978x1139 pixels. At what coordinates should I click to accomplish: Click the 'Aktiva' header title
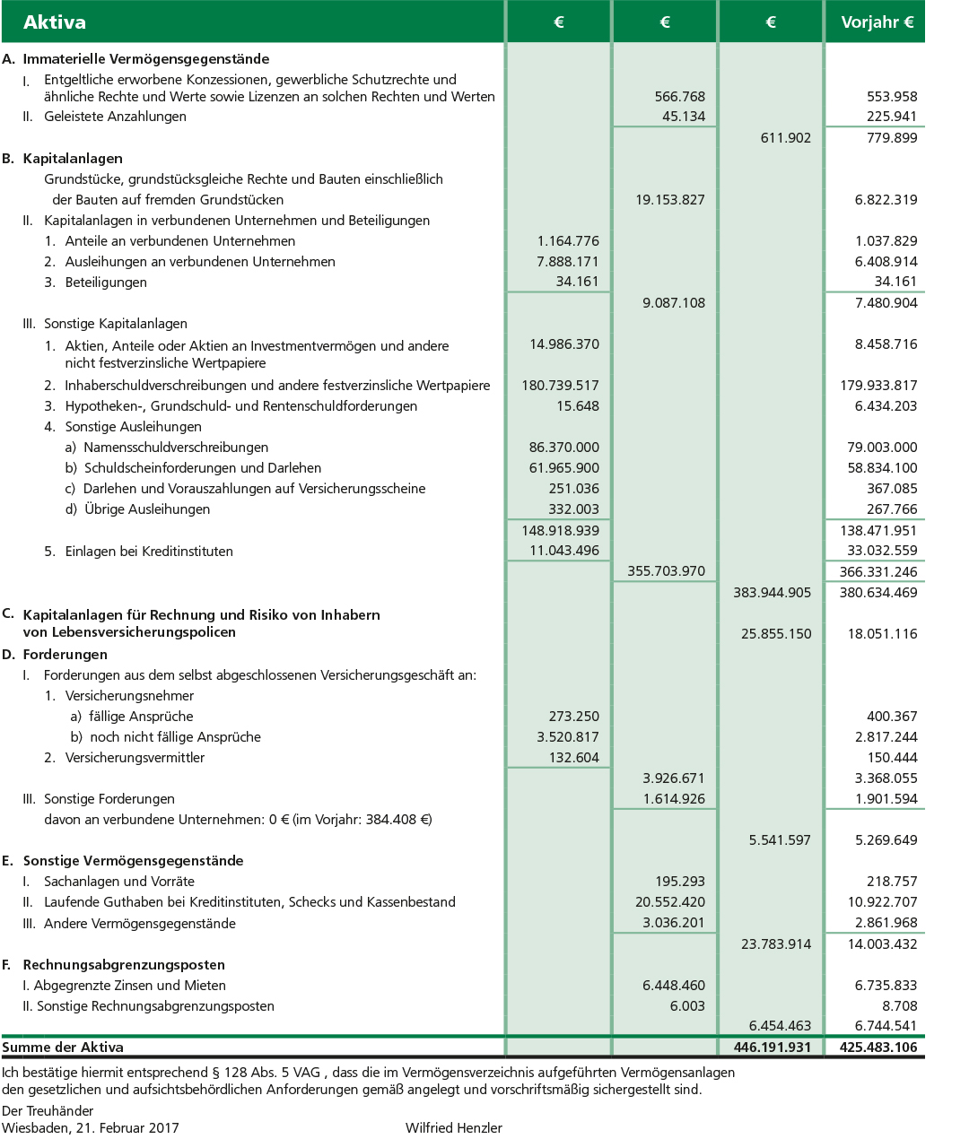click(x=55, y=22)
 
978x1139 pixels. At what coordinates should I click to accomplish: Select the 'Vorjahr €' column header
click(x=877, y=22)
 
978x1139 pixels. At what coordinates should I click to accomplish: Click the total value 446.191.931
click(x=772, y=1047)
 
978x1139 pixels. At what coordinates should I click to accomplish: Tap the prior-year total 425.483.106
click(x=878, y=1047)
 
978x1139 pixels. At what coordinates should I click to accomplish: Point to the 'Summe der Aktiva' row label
click(x=63, y=1047)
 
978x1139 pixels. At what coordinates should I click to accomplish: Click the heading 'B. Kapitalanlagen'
click(x=63, y=158)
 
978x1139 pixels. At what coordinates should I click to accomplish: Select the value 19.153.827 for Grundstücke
click(x=669, y=200)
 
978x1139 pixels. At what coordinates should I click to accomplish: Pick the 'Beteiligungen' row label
click(x=106, y=282)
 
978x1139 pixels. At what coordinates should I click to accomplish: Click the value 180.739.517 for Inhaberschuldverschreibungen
click(x=560, y=386)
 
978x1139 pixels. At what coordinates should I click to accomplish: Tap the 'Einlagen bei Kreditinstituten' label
click(x=149, y=552)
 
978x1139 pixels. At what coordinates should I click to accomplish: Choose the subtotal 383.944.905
click(x=772, y=593)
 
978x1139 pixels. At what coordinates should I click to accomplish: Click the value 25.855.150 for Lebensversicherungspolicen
click(x=775, y=634)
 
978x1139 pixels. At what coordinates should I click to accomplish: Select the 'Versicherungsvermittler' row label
click(x=135, y=758)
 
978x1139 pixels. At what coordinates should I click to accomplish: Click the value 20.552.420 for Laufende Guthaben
click(x=669, y=902)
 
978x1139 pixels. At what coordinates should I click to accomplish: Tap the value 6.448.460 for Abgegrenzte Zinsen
click(x=673, y=986)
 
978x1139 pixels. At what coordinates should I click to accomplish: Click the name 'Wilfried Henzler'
click(x=453, y=1128)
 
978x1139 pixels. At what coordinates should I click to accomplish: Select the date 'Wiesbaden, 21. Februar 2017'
click(x=90, y=1128)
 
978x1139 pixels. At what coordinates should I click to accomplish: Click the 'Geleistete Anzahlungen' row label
click(x=115, y=117)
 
